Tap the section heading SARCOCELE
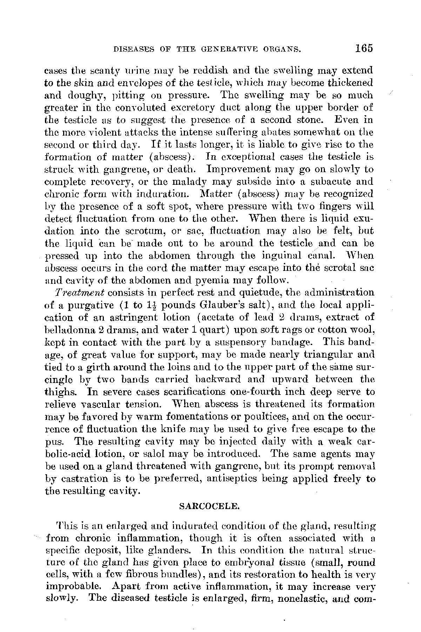coord(209,507)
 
